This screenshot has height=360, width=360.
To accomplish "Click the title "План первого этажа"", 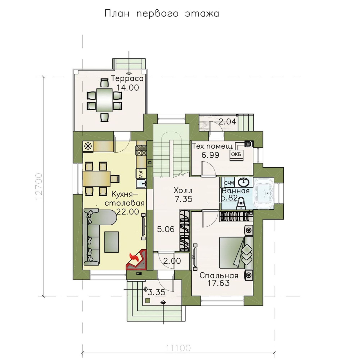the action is pos(162,14).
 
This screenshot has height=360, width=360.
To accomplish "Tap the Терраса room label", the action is pos(128,79).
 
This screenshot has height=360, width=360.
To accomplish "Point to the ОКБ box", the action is pos(236,154).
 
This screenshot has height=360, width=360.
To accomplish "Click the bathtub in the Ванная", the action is pos(264,192).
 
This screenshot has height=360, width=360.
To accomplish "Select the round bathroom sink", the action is pos(243,182).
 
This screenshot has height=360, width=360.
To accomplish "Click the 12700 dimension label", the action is pos(39,186).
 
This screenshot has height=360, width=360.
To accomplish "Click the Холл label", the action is pos(183,190).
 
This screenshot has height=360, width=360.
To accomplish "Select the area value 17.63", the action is pos(218,283).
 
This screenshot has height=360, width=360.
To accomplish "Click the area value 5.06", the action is pos(166,229).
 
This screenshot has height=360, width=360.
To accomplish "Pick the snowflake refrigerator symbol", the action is pos(88,146).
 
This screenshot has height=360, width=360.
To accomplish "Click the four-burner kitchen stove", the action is pos(142,151).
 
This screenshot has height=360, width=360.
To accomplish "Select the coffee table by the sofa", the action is pos(112,242).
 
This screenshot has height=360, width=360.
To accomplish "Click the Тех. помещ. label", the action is pos(212,146).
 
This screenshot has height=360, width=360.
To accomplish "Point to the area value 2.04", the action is pos(227,122).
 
